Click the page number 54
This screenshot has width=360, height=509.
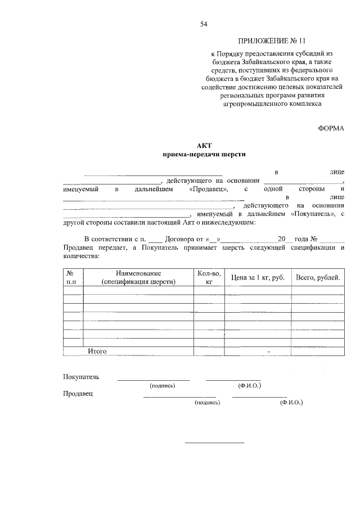[x=204, y=24]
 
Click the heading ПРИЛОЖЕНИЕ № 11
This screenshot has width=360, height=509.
[x=272, y=41]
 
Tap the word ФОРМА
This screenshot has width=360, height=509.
[x=331, y=128]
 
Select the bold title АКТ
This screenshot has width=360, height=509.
[x=204, y=145]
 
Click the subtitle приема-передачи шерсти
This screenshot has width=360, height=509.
[x=204, y=154]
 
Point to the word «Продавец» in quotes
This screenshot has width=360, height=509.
[x=209, y=190]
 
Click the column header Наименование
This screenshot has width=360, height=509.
[x=138, y=273]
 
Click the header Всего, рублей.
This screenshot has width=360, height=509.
[x=318, y=278]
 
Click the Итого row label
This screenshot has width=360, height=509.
[x=97, y=352]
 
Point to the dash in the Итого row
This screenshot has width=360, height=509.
[x=269, y=352]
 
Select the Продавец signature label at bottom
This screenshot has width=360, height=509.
[x=78, y=394]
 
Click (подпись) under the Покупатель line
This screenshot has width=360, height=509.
[x=162, y=386]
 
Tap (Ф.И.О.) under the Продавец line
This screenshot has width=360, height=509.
[x=291, y=403]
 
